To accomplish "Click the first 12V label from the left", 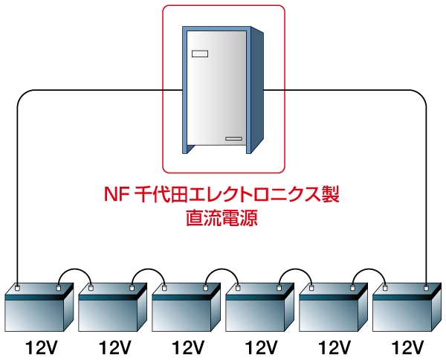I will [41, 347].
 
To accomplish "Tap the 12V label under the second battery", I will [114, 347].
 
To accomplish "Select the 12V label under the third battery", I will [188, 347].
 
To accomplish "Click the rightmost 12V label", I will [408, 347].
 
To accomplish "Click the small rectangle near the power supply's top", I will [201, 54].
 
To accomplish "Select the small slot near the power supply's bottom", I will [234, 138].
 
